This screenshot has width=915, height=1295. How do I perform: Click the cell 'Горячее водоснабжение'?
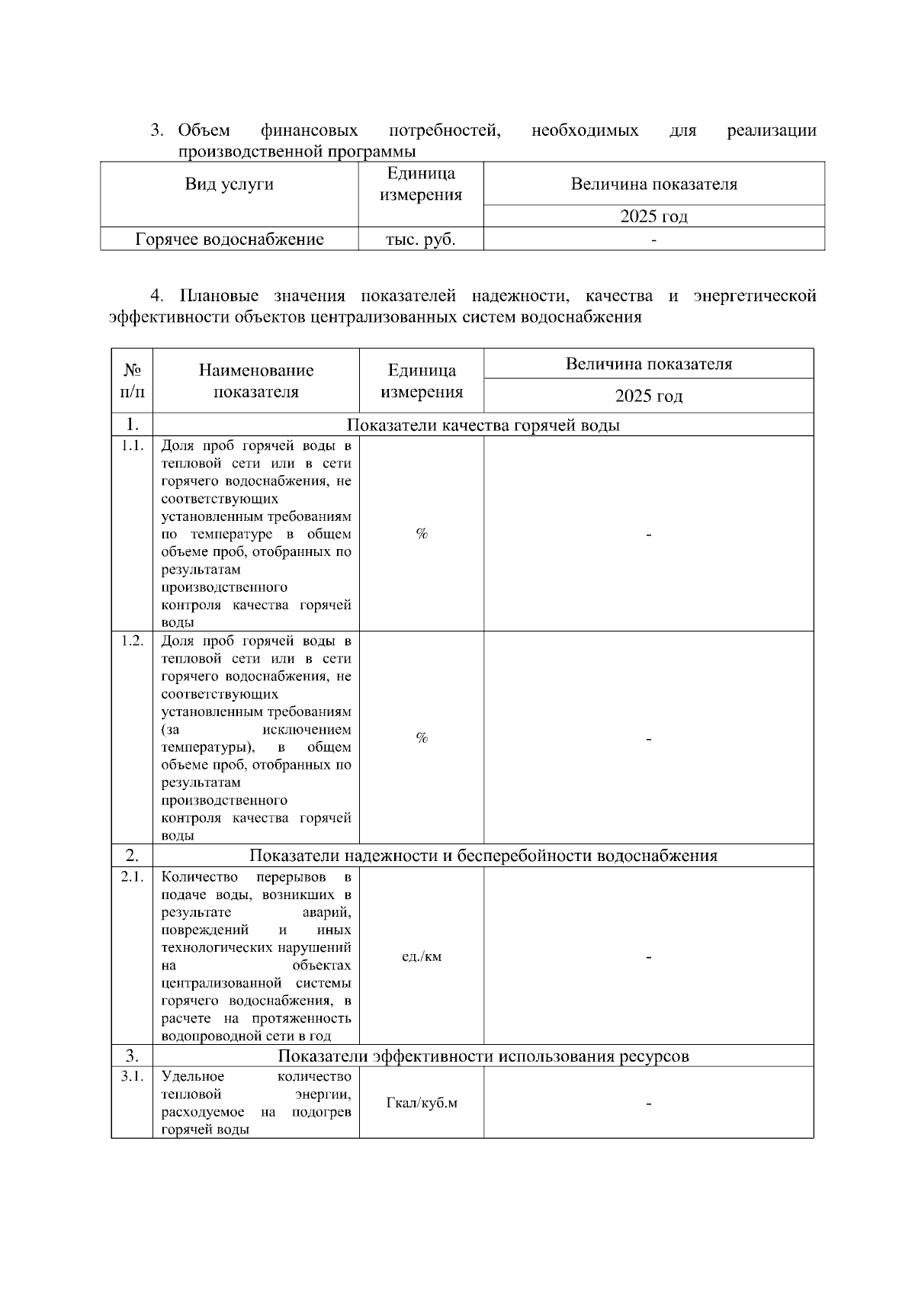click(x=230, y=239)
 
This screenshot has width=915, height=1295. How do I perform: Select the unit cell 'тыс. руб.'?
click(x=421, y=239)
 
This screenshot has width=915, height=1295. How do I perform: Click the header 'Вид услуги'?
click(x=230, y=184)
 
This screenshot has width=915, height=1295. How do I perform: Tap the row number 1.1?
click(x=132, y=446)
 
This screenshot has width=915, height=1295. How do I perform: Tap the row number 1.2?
click(x=132, y=641)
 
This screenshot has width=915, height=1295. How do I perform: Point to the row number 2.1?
click(x=132, y=877)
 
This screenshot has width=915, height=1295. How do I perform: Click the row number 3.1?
click(x=132, y=1076)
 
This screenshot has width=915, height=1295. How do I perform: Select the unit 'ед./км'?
click(x=421, y=956)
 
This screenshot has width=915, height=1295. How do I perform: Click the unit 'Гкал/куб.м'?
click(x=422, y=1104)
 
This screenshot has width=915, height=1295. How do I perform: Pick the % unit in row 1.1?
click(x=421, y=534)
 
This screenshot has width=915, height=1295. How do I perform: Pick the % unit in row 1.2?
click(x=421, y=737)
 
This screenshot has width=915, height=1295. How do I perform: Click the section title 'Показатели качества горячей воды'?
click(x=483, y=425)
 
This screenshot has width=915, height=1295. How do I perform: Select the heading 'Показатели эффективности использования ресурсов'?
click(x=483, y=1056)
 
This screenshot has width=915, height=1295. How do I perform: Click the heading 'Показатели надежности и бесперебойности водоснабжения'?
click(x=483, y=856)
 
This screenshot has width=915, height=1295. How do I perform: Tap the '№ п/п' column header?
click(x=132, y=381)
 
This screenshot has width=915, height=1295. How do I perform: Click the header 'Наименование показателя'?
click(x=256, y=381)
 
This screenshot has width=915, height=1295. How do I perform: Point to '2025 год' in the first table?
click(x=653, y=217)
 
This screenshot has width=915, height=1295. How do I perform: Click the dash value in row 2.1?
click(x=648, y=956)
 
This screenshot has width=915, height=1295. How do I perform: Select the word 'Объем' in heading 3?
click(x=204, y=130)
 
